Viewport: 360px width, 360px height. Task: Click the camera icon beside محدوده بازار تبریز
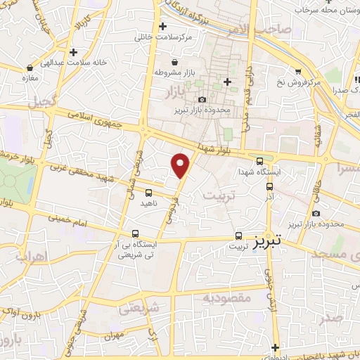[202, 99]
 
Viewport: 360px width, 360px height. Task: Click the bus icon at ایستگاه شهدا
[260, 161]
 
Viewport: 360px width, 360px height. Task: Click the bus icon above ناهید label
[148, 192]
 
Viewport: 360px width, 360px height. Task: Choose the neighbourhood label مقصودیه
[226, 298]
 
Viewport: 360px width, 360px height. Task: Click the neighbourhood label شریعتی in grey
[136, 307]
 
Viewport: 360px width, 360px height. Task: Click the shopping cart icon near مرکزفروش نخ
[299, 71]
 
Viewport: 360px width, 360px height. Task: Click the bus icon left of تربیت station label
[238, 236]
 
